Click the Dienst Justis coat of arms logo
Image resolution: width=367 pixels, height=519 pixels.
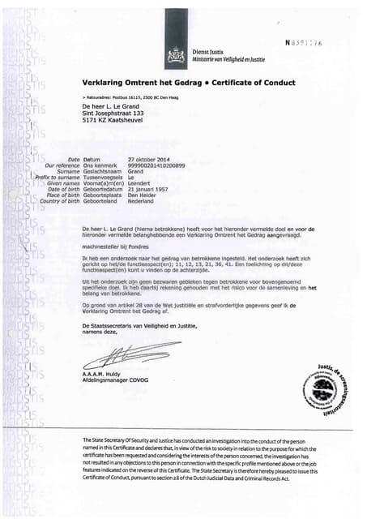(173, 56)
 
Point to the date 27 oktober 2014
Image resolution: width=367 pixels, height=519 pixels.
(149, 160)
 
